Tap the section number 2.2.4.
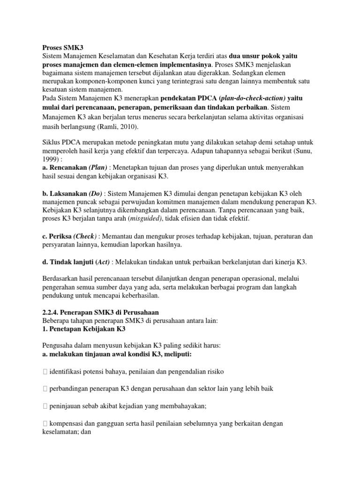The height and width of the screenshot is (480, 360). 46,312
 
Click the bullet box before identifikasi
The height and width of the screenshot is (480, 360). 45,372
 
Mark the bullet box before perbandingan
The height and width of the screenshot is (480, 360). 45,389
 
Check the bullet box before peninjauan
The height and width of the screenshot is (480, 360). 45,406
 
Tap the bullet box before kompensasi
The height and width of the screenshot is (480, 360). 45,423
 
